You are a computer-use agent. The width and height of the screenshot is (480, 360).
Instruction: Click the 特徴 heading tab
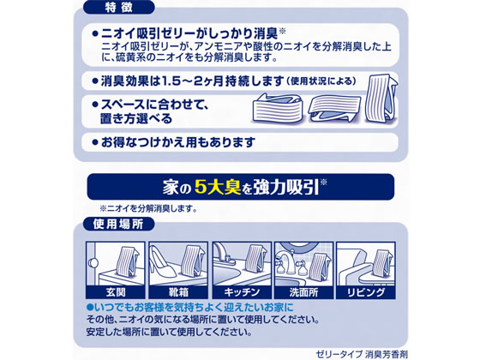[119, 8]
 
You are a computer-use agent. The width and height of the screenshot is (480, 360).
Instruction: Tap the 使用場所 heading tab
[119, 224]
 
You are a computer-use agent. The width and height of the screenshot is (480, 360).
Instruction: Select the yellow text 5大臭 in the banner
[218, 187]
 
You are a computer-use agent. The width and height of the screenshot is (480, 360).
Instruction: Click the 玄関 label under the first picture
[116, 292]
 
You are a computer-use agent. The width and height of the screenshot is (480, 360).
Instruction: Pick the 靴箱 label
[178, 292]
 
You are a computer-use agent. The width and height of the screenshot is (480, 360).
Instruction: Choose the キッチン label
[242, 292]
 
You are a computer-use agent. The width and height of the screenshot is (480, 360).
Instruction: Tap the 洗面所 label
[303, 292]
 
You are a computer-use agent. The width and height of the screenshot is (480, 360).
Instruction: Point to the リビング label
[366, 292]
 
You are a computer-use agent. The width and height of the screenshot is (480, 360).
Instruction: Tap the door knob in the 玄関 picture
[93, 262]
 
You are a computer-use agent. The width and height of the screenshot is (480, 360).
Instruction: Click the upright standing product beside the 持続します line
[381, 99]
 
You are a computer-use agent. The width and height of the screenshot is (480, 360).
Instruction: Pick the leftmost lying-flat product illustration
[277, 108]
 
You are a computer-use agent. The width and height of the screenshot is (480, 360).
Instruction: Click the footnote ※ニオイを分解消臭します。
[148, 209]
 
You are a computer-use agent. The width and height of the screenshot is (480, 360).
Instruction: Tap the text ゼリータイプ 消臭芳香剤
[362, 355]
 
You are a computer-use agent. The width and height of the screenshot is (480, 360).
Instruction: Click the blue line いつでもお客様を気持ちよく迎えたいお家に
[189, 307]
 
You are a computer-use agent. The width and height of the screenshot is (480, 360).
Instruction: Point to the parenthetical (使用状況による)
[321, 81]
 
